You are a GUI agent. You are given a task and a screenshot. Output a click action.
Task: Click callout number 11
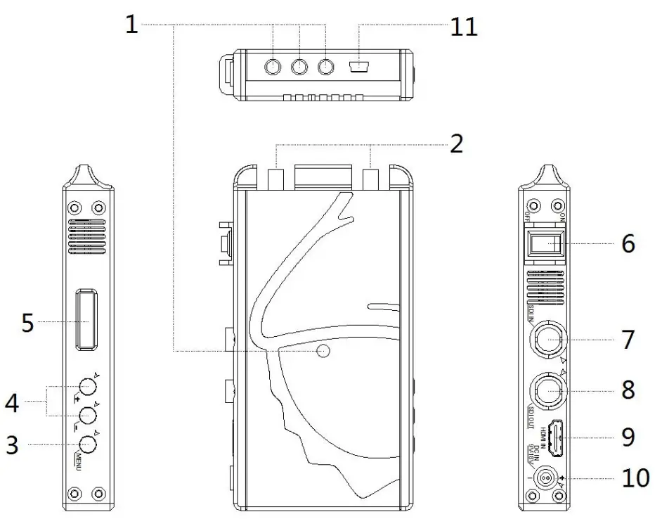click(x=462, y=26)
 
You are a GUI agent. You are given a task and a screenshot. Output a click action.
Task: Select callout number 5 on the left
click(x=27, y=323)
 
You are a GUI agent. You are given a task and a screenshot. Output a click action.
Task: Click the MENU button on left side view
click(x=87, y=444)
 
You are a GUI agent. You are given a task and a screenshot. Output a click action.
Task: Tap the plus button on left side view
click(x=87, y=386)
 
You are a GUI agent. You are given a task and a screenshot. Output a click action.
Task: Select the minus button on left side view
click(x=87, y=415)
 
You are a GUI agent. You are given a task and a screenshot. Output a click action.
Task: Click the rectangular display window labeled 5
click(x=87, y=319)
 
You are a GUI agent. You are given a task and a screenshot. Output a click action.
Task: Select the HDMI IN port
click(x=556, y=437)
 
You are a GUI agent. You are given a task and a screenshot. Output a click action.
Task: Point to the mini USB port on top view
click(x=359, y=68)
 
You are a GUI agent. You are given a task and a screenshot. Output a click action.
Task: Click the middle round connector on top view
click(x=300, y=67)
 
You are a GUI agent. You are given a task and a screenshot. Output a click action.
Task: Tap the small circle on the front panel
click(x=323, y=350)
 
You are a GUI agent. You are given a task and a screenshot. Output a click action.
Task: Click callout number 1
click(x=131, y=25)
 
